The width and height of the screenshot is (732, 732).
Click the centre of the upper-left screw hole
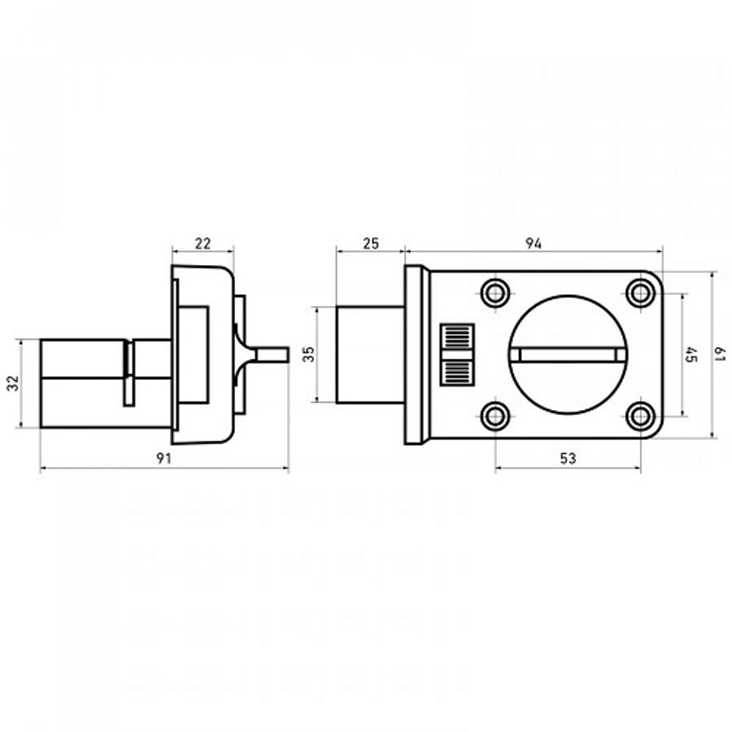496,294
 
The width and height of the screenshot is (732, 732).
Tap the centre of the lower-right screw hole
640,416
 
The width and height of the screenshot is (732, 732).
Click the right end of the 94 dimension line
662,251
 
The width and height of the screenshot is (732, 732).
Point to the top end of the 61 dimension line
712,272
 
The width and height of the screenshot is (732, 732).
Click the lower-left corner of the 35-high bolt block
337,403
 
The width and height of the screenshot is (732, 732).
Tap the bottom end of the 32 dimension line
21,427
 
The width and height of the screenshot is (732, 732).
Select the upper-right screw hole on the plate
640,294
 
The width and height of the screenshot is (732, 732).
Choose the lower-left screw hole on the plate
496,416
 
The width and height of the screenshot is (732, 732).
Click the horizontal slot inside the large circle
567,355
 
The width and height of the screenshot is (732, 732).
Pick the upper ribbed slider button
457,336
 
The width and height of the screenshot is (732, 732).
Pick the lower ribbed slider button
457,373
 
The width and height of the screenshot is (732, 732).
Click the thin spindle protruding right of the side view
272,355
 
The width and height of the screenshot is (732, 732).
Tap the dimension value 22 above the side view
203,243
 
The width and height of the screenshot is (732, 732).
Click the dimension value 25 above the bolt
370,243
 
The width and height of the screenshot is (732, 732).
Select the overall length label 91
164,458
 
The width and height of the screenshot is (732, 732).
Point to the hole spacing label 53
568,458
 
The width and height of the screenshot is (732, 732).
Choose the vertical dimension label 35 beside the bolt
309,354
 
